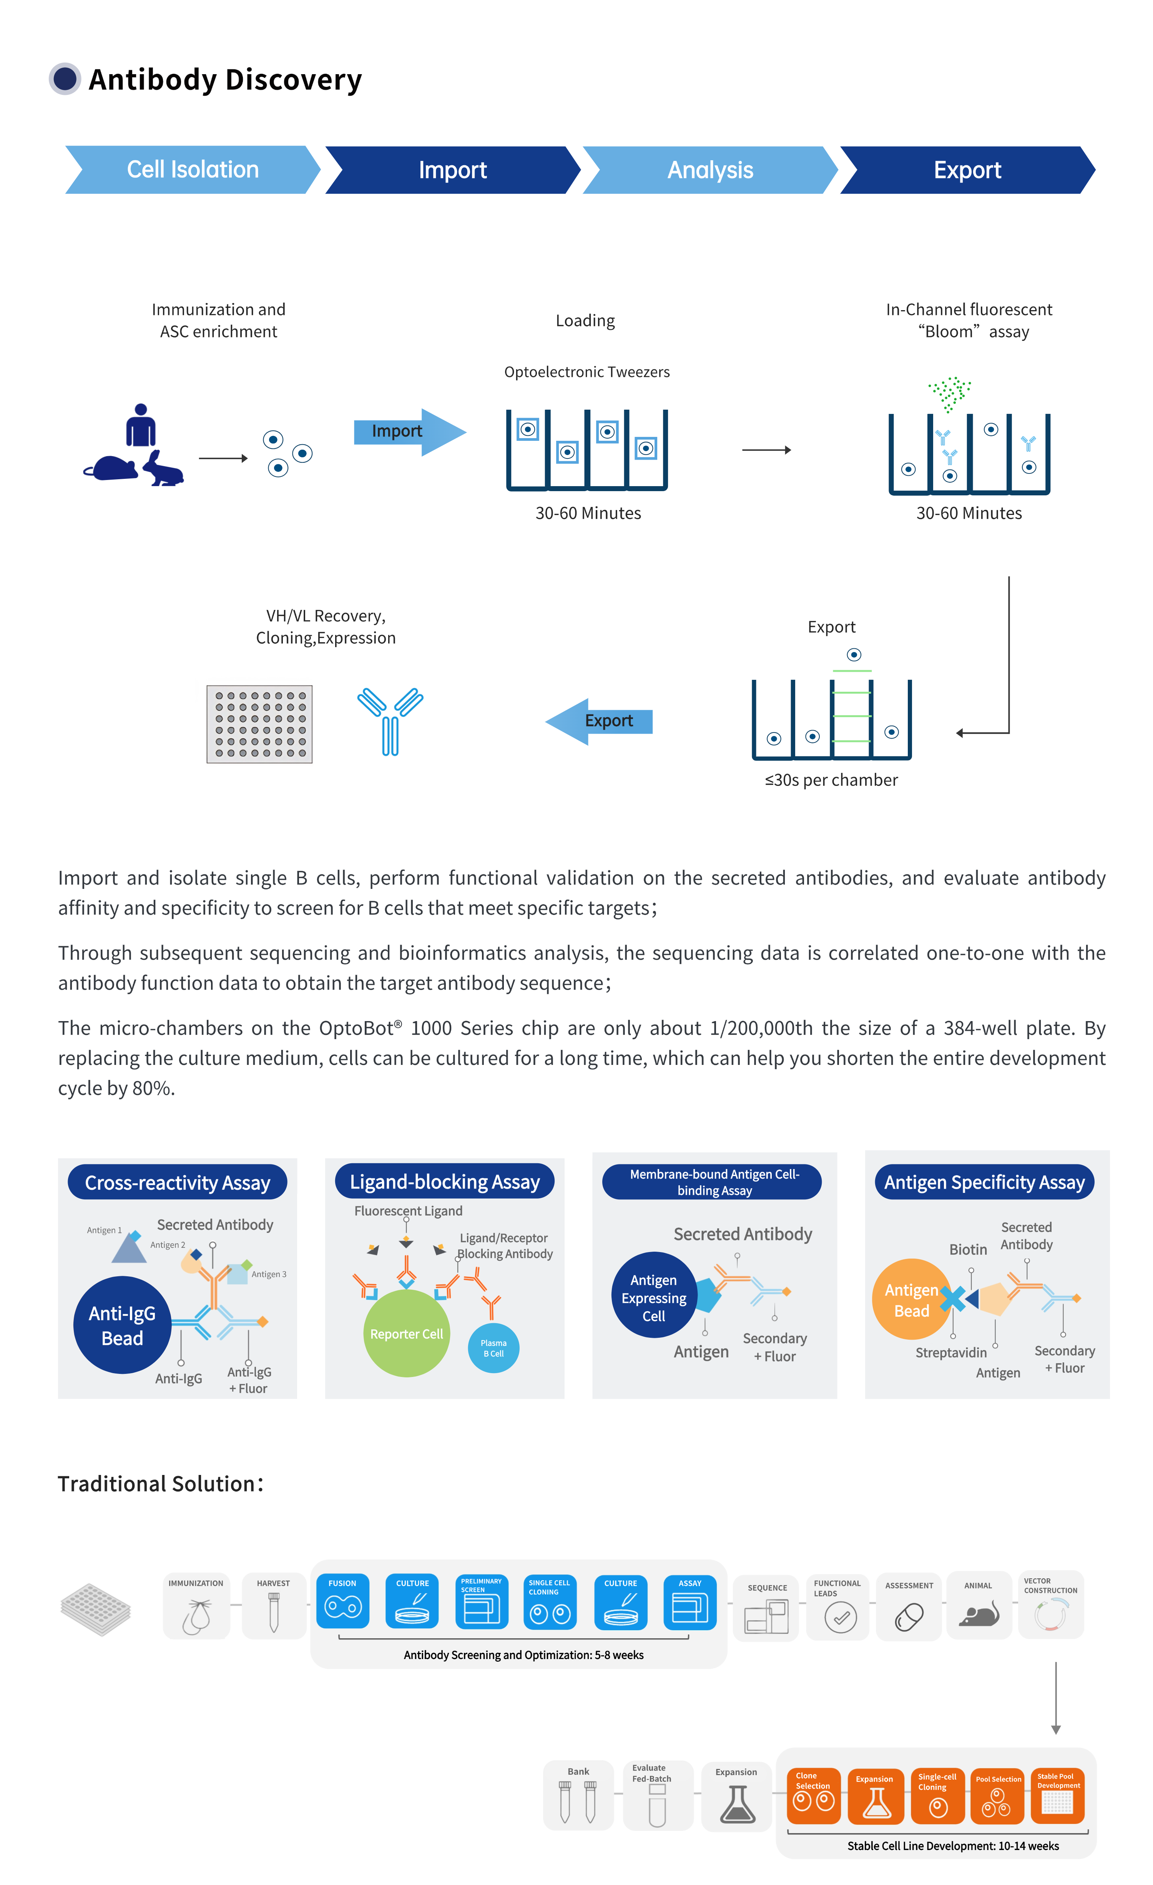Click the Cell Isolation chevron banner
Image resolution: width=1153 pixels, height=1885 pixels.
192,170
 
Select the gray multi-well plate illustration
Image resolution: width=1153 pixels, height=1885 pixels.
259,724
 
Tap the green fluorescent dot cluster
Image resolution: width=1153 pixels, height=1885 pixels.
949,392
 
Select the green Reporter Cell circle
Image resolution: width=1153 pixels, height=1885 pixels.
406,1334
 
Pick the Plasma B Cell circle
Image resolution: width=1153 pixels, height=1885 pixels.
493,1348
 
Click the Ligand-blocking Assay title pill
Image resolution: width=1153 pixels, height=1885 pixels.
445,1182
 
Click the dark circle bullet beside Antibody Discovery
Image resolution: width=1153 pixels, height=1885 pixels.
65,79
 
